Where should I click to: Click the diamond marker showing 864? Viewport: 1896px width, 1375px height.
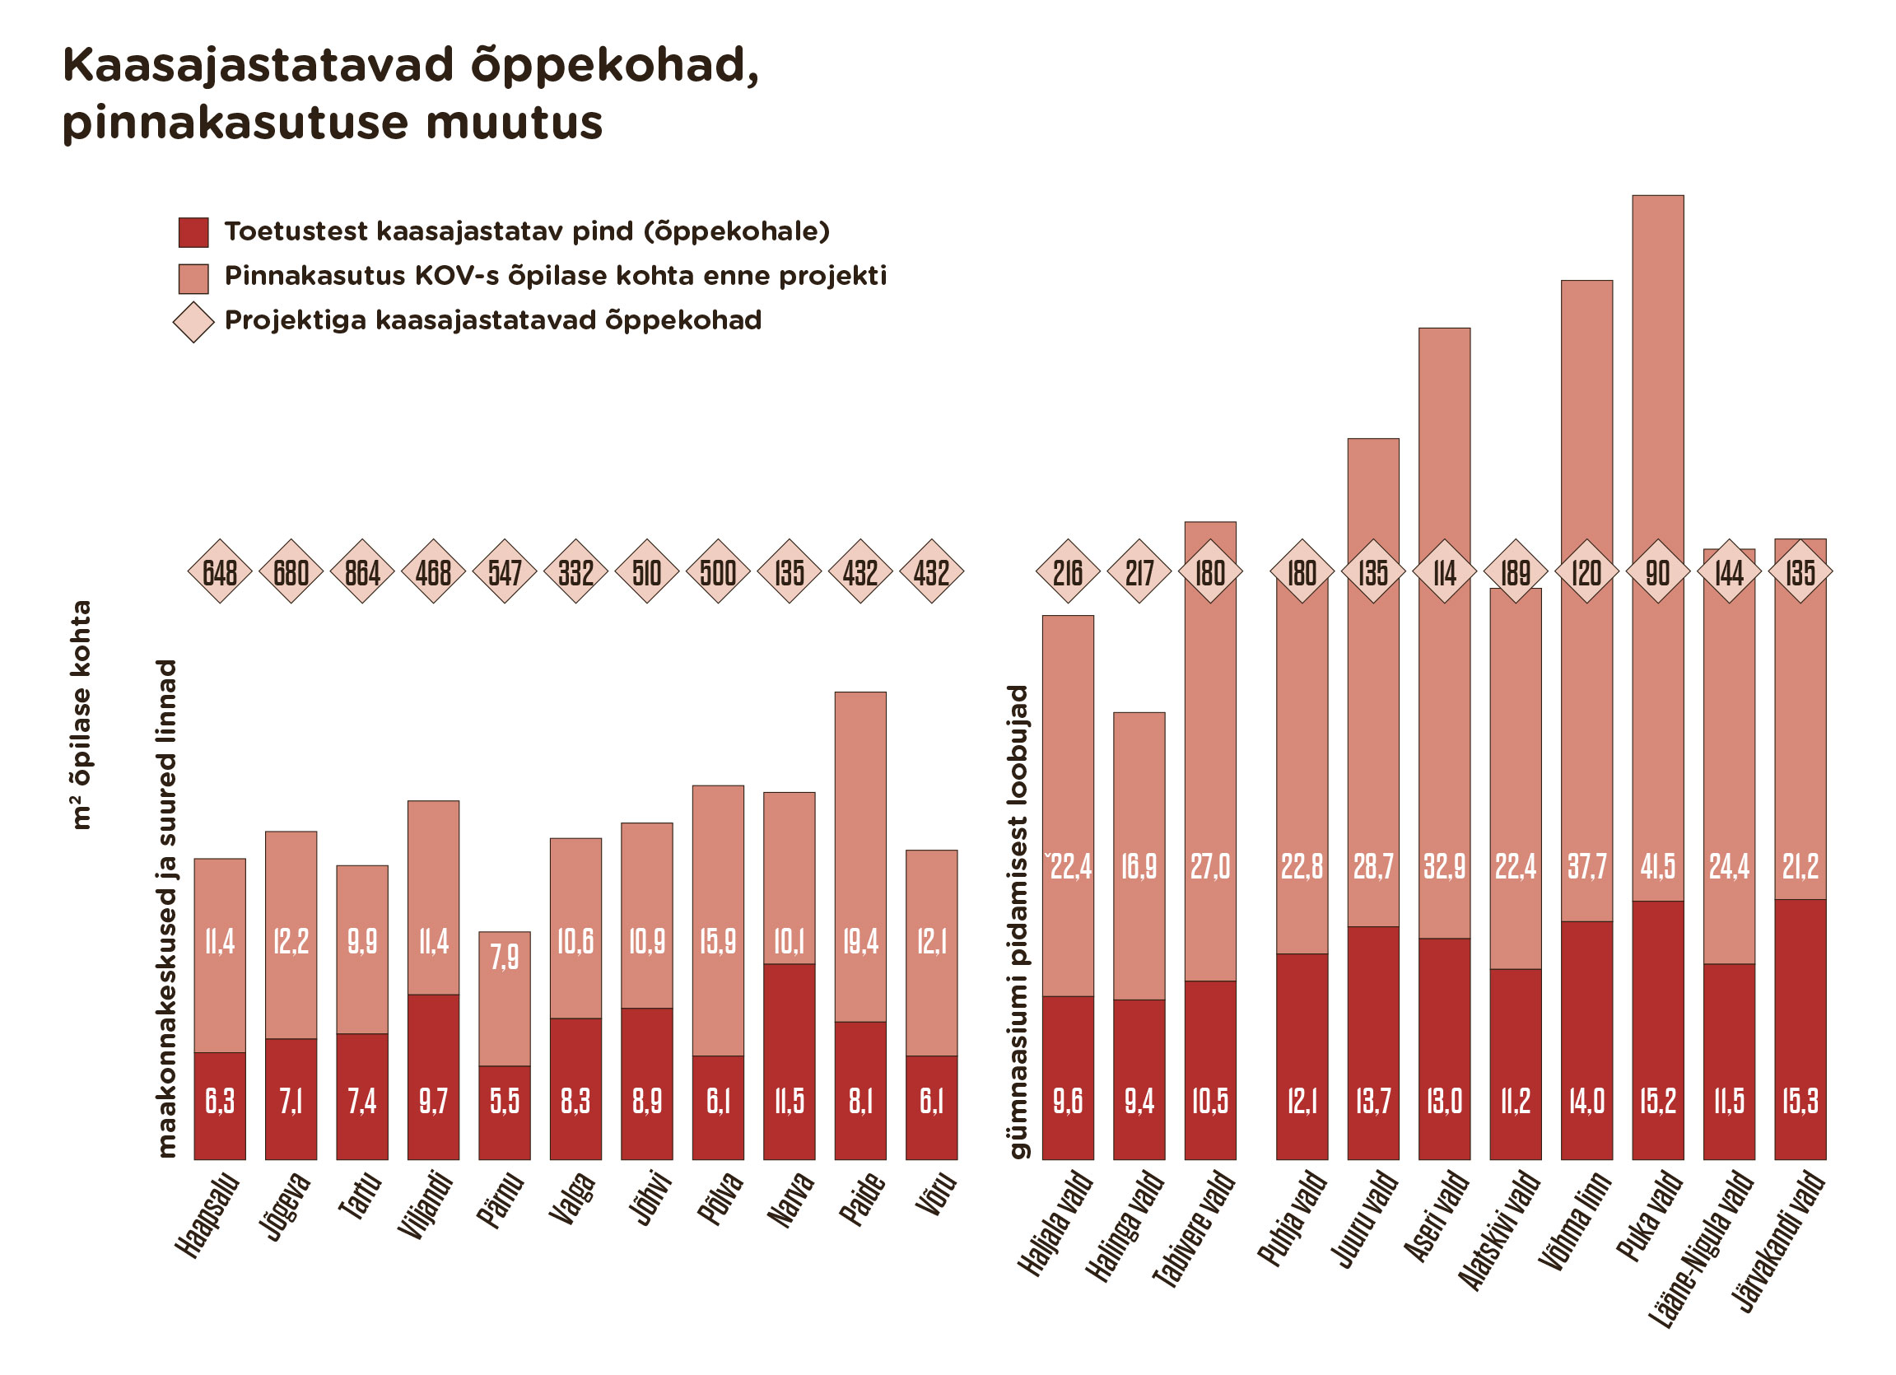click(x=362, y=572)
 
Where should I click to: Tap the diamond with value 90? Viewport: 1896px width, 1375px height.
click(x=1658, y=572)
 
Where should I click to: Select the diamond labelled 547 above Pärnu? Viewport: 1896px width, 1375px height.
click(x=504, y=572)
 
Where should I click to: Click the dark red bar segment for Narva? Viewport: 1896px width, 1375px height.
click(x=790, y=1061)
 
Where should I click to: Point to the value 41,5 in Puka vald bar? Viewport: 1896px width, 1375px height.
click(x=1658, y=867)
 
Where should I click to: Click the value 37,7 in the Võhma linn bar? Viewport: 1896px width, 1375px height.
click(x=1586, y=867)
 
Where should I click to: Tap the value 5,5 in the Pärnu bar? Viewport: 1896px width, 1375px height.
click(x=504, y=1101)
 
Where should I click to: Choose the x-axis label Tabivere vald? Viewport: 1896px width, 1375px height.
click(x=1194, y=1228)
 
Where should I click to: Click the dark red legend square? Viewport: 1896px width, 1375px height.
click(x=193, y=232)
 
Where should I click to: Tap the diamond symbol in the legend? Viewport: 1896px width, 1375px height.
click(x=193, y=323)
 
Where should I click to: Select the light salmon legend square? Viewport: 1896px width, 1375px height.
click(x=193, y=278)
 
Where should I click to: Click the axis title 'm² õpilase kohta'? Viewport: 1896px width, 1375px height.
click(x=81, y=715)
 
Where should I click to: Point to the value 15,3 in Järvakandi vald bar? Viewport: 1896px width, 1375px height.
click(x=1800, y=1101)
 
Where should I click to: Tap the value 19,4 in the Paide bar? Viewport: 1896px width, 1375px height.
click(x=860, y=942)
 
